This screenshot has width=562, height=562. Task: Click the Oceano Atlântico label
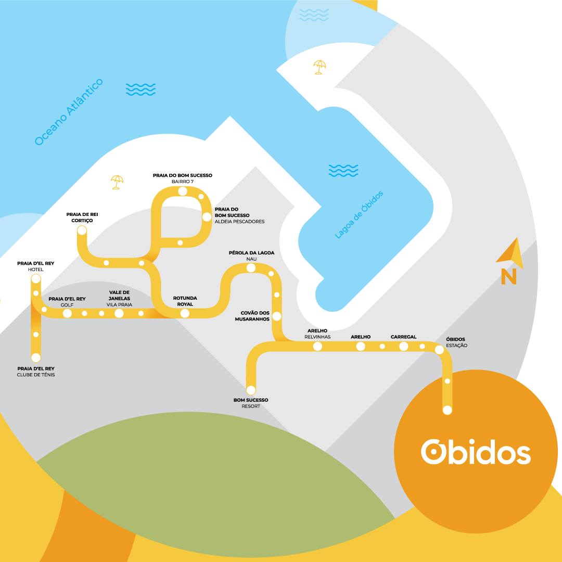(x=69, y=112)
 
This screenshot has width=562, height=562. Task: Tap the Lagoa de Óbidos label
(x=359, y=214)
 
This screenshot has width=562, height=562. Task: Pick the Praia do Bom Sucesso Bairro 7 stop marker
(x=183, y=191)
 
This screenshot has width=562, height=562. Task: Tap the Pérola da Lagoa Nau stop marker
(x=251, y=268)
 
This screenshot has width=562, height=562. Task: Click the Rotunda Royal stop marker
(x=185, y=313)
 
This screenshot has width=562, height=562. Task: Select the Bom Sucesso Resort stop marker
(x=251, y=390)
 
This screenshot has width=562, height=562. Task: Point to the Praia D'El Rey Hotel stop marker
(x=36, y=279)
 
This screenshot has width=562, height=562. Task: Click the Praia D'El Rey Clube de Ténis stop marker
(x=36, y=357)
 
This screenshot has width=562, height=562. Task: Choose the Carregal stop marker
(x=404, y=346)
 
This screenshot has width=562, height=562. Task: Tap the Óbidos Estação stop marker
(x=439, y=350)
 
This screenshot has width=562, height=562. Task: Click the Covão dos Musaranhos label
(x=254, y=316)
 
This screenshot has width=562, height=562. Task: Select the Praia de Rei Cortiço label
(x=82, y=217)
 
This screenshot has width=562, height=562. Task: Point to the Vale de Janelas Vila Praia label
(x=120, y=298)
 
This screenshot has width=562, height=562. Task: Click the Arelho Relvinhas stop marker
(x=318, y=346)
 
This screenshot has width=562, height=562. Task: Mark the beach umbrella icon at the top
(x=320, y=67)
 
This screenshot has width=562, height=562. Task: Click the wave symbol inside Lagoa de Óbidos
(x=343, y=170)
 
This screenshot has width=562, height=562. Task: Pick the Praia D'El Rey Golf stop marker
(x=67, y=313)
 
